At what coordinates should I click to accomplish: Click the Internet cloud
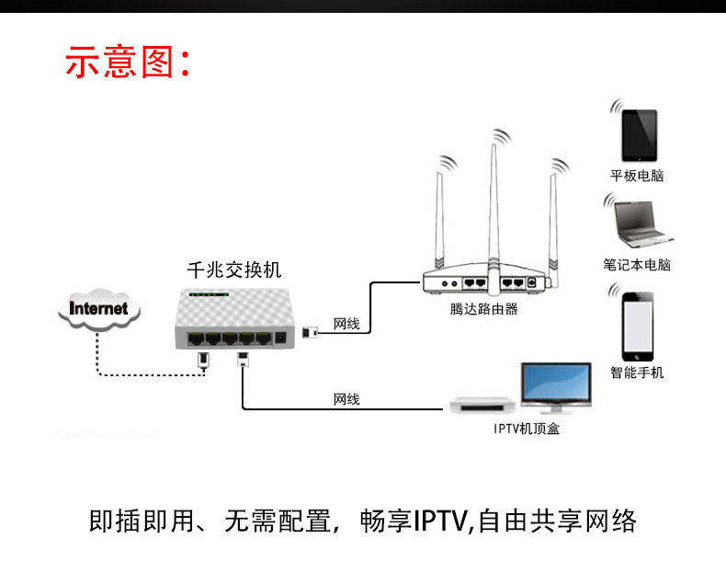click(x=99, y=309)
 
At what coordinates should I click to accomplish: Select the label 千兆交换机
click(x=234, y=270)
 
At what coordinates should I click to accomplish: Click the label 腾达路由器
click(x=483, y=309)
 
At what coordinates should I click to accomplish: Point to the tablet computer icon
click(x=639, y=135)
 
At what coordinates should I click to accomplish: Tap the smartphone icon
click(x=638, y=327)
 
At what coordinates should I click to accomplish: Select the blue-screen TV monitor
click(x=556, y=388)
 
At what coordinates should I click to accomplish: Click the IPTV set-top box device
click(x=482, y=406)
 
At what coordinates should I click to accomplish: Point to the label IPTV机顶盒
click(x=527, y=429)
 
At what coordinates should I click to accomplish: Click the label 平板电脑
click(x=637, y=176)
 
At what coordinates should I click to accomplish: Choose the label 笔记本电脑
click(x=637, y=265)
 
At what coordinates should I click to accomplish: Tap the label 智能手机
click(x=637, y=372)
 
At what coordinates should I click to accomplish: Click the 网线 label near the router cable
click(x=346, y=324)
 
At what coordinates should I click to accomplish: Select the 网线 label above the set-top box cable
click(x=346, y=399)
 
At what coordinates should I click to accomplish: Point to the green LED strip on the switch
click(x=209, y=294)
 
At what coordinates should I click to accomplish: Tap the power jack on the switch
click(x=280, y=338)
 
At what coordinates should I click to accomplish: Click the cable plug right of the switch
click(x=310, y=332)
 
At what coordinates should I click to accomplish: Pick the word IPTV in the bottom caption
click(x=440, y=521)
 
